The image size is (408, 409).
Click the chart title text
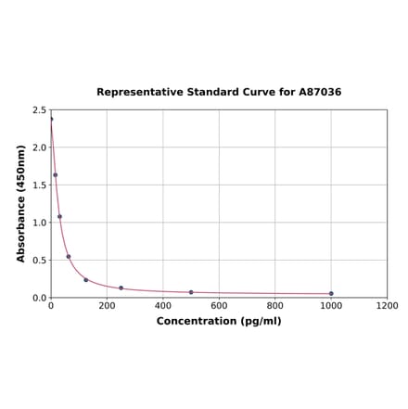pos(219,92)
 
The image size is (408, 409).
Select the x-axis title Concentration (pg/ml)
pos(219,321)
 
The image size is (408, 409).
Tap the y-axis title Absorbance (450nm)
pos(21,203)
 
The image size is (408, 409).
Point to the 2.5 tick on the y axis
pos(40,109)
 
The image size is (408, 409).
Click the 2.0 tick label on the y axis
pos(40,147)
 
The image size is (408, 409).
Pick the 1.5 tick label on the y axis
pos(40,185)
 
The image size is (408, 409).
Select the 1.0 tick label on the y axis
pos(40,223)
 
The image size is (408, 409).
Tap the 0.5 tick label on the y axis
pos(40,260)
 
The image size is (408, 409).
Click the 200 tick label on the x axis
pos(107,305)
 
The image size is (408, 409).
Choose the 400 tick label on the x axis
pos(163,305)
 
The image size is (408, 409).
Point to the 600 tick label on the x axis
pos(219,305)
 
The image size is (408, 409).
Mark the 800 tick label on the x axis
pos(275,305)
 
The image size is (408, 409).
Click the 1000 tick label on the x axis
pos(331,305)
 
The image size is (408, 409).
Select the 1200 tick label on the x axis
pos(387,305)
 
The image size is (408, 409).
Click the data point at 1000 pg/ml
pos(331,294)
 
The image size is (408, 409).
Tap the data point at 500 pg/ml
pos(191,292)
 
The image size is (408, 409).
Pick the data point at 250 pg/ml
pos(121,288)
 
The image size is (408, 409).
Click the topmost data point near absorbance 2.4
pos(51,119)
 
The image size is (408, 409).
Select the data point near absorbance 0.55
pos(68,256)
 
